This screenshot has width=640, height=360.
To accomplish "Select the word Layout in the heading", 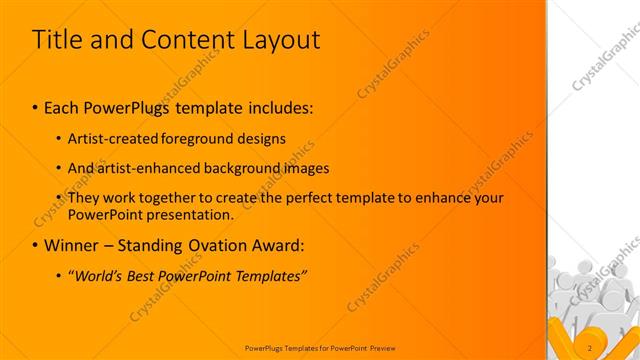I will point(282,40).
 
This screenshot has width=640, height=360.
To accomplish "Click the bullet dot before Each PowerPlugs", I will point(36,106).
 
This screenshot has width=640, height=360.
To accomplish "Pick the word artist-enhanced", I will point(151,168).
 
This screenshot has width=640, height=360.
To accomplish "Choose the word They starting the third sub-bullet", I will point(84,198).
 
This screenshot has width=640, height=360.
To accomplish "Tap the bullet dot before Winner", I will point(36,245).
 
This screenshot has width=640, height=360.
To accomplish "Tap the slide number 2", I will point(590,348).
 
